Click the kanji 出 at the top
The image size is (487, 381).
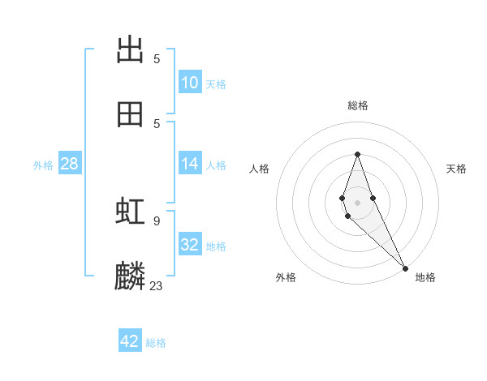[130, 50]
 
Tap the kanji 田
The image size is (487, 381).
[130, 114]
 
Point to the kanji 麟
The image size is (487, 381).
[130, 276]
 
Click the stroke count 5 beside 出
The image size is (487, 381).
[157, 58]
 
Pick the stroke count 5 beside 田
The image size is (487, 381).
[157, 123]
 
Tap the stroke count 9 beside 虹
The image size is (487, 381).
[157, 220]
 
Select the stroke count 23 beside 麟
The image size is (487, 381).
[157, 285]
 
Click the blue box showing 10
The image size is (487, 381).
[190, 83]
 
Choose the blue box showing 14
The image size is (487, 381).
[190, 164]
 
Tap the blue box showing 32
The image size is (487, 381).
[190, 245]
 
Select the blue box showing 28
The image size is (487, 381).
[69, 164]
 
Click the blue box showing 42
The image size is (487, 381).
[130, 341]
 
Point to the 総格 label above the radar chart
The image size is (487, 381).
[358, 105]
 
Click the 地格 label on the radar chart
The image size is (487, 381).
[425, 278]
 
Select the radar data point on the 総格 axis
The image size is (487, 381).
[357, 155]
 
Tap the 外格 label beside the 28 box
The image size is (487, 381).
[43, 165]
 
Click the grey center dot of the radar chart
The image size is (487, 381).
[357, 202]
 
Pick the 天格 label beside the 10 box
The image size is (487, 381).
[216, 84]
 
